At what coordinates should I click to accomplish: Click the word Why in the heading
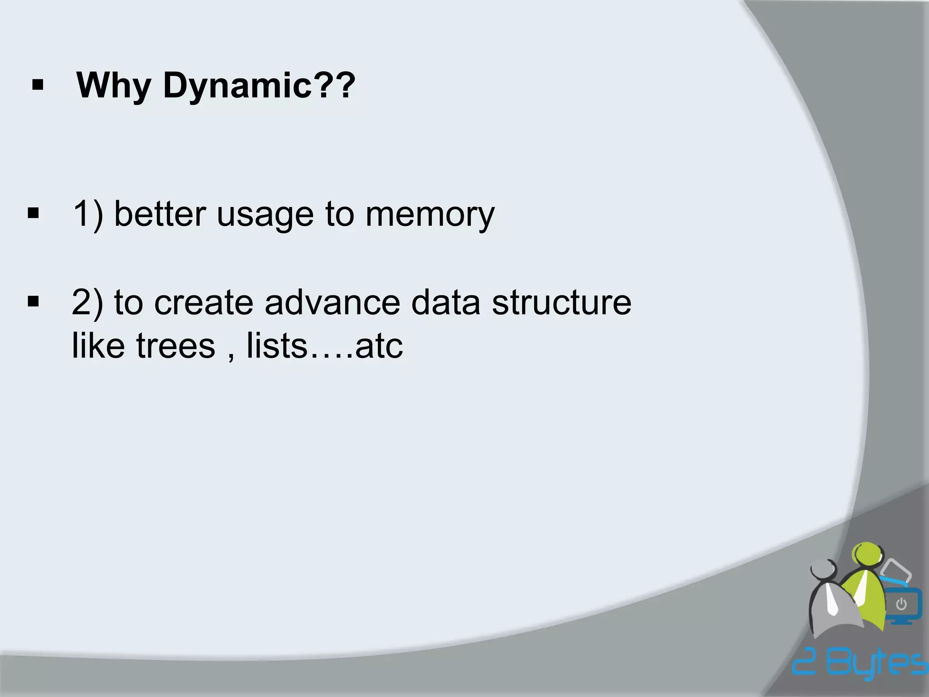click(x=113, y=85)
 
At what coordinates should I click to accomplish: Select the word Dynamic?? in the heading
click(x=259, y=85)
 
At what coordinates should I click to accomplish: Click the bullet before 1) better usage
click(x=33, y=213)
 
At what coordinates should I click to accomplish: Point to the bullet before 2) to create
click(x=33, y=301)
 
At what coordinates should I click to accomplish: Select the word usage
click(x=265, y=215)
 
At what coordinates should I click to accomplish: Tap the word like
click(x=98, y=346)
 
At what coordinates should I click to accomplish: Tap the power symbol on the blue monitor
click(x=901, y=604)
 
